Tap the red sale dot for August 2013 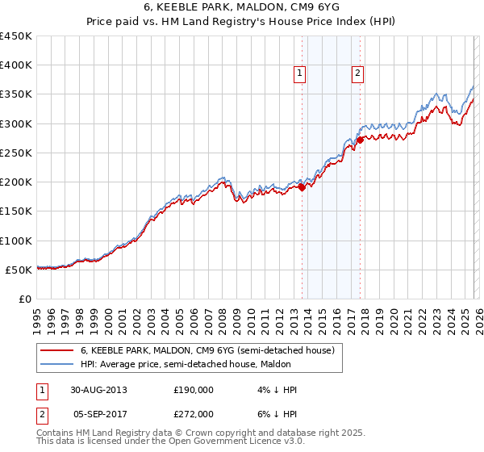pos(302,187)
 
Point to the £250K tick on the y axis pos(17,153)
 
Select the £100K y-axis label pos(17,241)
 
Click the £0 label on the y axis pos(26,299)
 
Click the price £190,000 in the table pos(194,390)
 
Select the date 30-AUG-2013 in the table pos(98,390)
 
